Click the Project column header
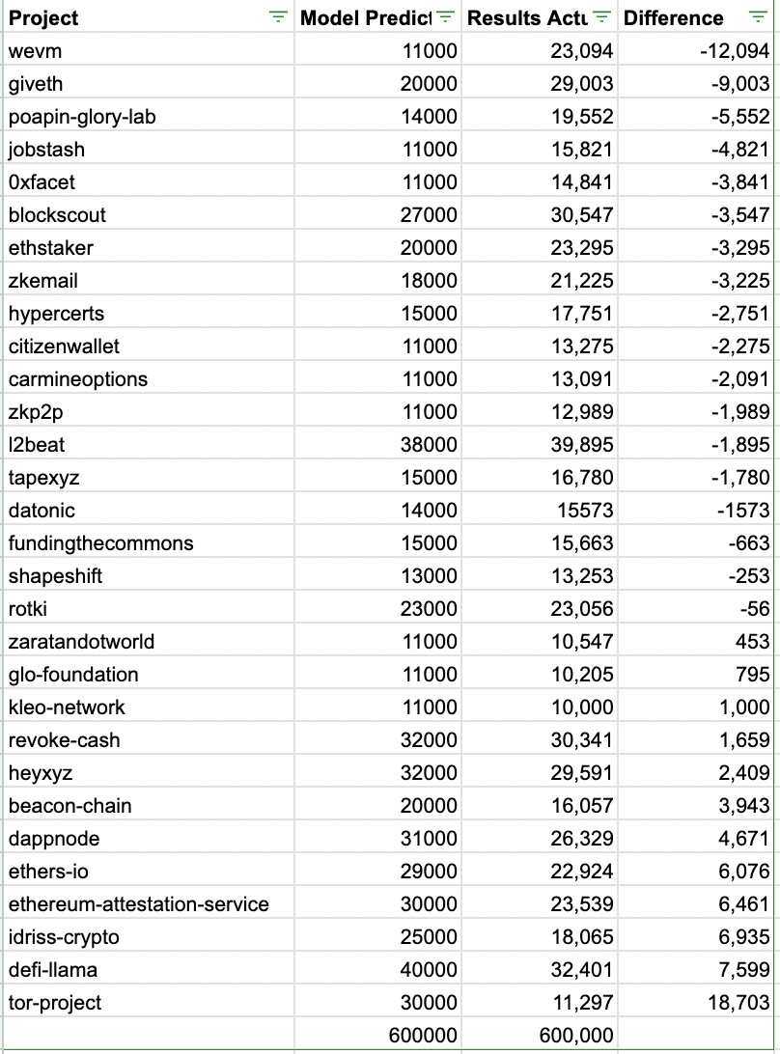pyautogui.click(x=44, y=17)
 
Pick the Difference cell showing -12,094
pyautogui.click(x=734, y=51)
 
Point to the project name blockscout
pyautogui.click(x=57, y=215)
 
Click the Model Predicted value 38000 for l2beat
pyautogui.click(x=429, y=445)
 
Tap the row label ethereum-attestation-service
pyautogui.click(x=138, y=904)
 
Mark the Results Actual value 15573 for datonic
pyautogui.click(x=586, y=511)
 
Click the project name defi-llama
pyautogui.click(x=53, y=970)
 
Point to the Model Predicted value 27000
pyautogui.click(x=429, y=215)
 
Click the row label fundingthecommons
pyautogui.click(x=100, y=543)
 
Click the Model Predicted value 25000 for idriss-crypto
pyautogui.click(x=429, y=937)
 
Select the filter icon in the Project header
pyautogui.click(x=279, y=17)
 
